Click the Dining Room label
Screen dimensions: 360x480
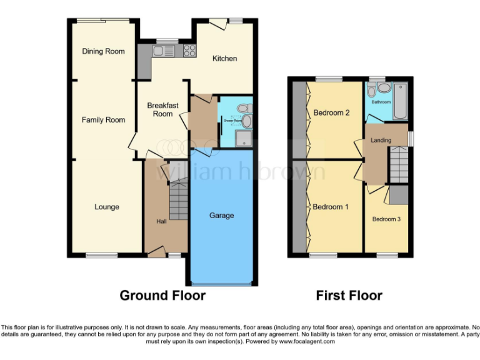103,51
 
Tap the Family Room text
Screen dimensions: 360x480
103,119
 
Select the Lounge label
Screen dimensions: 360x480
106,207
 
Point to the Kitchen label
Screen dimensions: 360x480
224,59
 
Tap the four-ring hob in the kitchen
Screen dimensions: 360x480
190,51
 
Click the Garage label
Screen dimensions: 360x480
221,216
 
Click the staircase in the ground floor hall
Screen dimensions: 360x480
179,200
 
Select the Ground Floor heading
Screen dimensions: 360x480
162,295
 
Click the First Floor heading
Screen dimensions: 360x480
349,295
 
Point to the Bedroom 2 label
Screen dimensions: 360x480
331,113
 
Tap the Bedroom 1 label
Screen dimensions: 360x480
331,207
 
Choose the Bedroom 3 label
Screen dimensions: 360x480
386,219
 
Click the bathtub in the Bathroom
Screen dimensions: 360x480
399,101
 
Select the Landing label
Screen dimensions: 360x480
381,140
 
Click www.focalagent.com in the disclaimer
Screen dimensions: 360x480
307,342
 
